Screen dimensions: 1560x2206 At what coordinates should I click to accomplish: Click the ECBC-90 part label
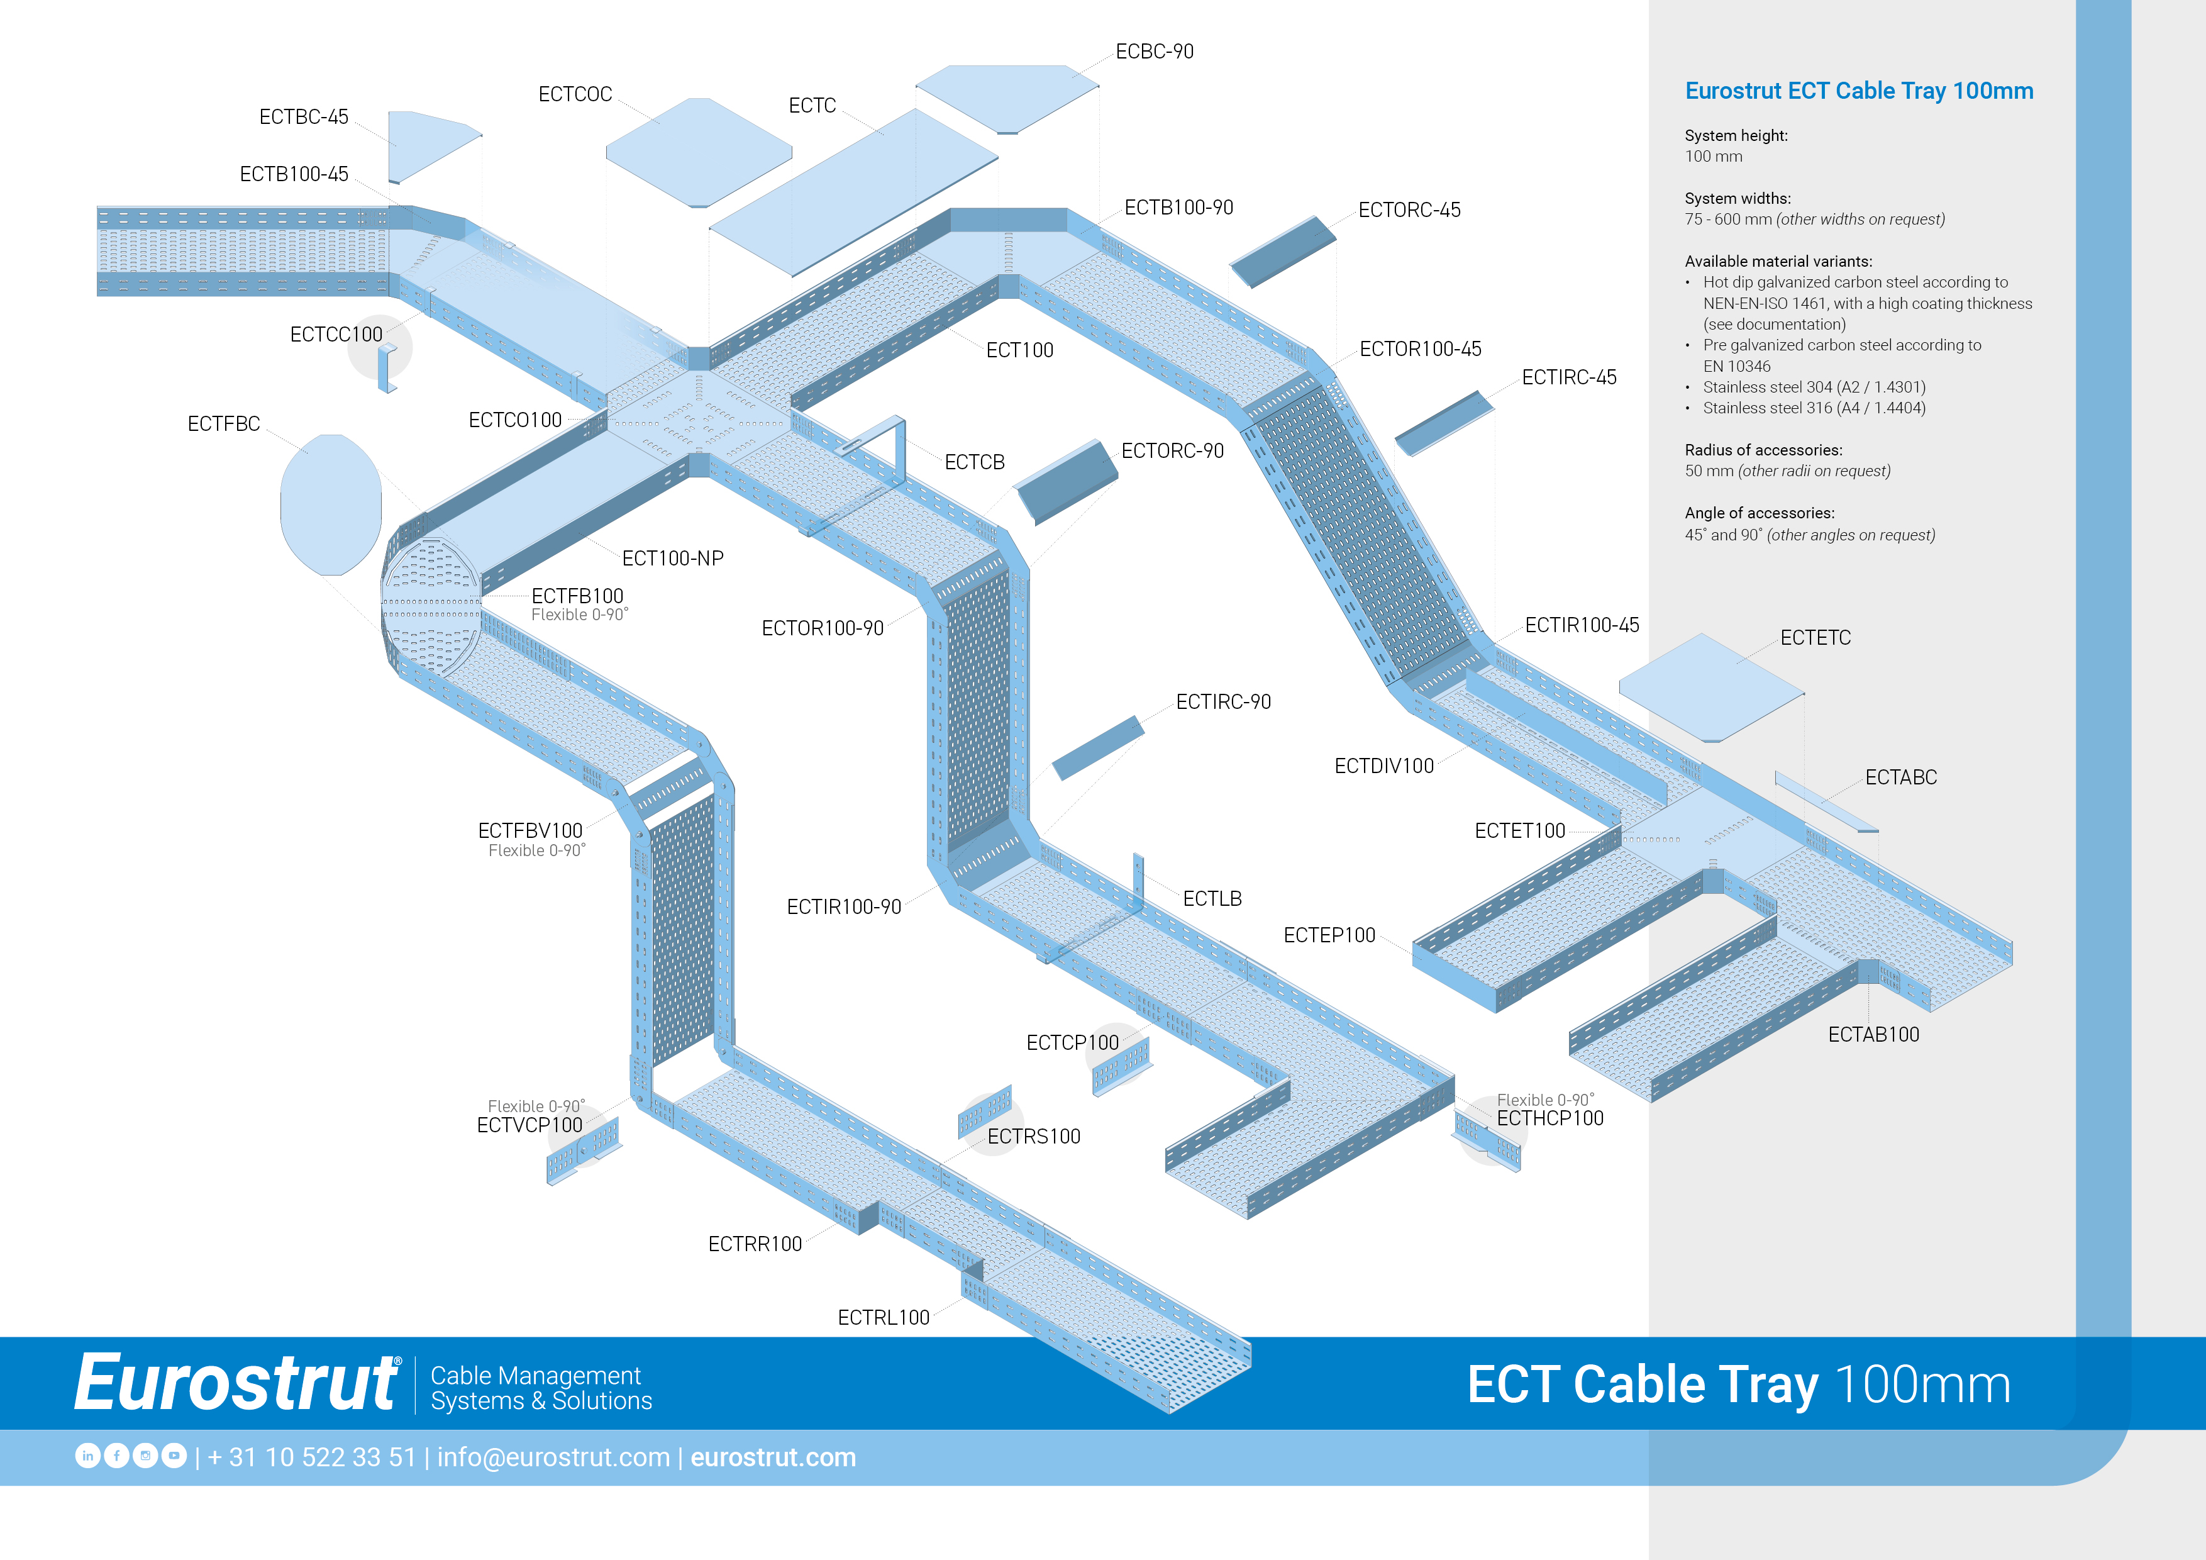pos(1154,52)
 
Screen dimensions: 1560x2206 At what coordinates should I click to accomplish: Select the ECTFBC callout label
pos(224,424)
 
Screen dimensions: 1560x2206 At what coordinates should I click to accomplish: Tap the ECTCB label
pos(974,462)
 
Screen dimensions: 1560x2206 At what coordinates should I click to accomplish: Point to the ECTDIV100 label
pos(1383,766)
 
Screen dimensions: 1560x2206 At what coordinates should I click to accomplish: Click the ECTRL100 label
pos(883,1318)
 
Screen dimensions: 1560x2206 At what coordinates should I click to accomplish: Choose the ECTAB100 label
pos(1873,1035)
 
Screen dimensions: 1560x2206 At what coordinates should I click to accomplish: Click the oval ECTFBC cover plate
pos(331,504)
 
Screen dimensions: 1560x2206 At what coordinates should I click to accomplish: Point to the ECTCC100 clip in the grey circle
pos(386,368)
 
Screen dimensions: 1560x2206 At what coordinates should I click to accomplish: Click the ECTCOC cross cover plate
pos(699,152)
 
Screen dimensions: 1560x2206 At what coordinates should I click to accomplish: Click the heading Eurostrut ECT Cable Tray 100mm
pos(1858,91)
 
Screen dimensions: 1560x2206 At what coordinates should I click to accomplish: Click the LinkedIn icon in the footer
pos(87,1456)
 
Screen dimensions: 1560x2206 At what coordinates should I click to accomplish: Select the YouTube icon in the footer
pos(174,1456)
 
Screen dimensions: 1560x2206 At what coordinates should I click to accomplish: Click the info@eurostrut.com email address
pos(553,1457)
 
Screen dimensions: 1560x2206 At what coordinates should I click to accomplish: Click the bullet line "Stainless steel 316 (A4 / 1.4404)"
pos(1814,408)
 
